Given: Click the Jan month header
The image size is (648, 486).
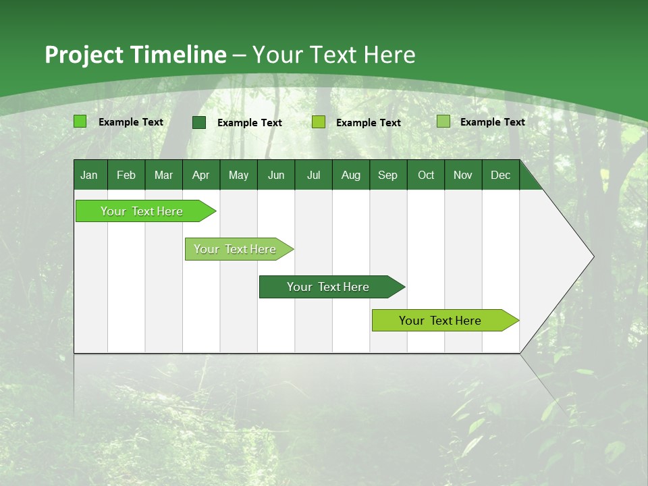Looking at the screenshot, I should point(89,175).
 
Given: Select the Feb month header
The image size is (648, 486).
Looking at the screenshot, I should point(126,175).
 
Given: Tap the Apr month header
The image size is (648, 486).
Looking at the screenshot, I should point(201,175).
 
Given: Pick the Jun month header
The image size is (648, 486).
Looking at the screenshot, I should point(276,175).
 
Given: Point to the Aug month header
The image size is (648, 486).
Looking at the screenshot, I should point(351,175).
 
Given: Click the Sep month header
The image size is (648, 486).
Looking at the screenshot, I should point(388,175).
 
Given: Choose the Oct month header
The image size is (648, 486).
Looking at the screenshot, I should point(426,175).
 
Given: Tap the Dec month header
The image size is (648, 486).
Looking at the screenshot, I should point(501,175).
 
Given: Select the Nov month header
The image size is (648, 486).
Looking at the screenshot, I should point(463,175).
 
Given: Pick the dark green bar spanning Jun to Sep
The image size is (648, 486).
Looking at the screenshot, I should point(329,287).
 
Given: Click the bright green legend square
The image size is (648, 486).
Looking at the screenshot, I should point(80,122).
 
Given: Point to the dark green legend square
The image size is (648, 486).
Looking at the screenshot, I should point(199,122).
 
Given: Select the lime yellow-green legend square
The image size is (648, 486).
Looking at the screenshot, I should point(319,122).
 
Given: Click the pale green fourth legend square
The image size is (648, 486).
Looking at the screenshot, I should point(443,122).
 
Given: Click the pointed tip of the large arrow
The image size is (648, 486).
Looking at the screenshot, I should point(592,256).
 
